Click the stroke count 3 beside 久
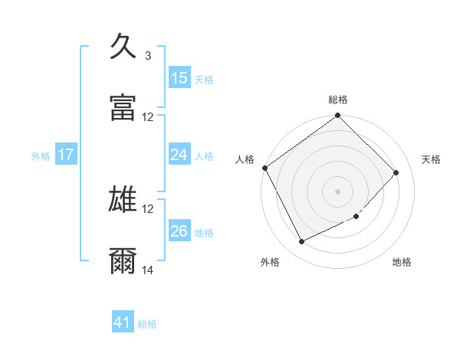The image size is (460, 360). click(148, 56)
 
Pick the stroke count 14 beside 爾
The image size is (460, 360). click(148, 270)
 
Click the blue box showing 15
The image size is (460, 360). click(179, 78)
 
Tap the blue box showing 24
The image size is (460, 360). click(179, 155)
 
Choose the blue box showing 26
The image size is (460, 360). click(179, 231)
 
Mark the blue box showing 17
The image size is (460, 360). click(66, 155)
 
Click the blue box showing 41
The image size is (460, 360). click(123, 323)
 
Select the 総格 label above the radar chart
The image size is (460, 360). click(338, 100)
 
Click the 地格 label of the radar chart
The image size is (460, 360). click(402, 262)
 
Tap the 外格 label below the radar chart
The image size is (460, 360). click(270, 262)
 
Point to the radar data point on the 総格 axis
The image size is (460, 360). click(338, 116)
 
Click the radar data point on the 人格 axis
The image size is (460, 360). click(265, 168)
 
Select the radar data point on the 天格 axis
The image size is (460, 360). click(396, 172)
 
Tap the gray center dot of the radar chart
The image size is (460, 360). click(338, 191)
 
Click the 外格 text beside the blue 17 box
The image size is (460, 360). click(41, 156)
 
